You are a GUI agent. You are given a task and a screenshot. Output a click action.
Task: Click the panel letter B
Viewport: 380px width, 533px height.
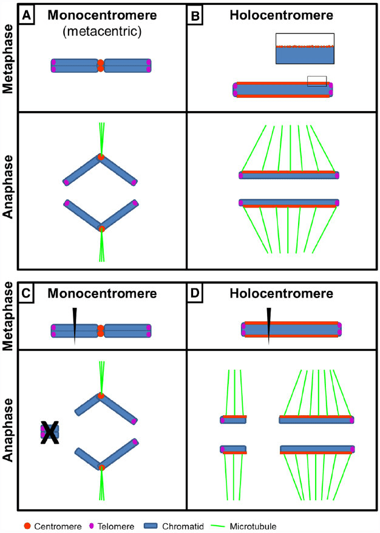tap(196, 13)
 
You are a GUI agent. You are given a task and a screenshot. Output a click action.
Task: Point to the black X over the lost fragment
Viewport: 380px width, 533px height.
tap(50, 433)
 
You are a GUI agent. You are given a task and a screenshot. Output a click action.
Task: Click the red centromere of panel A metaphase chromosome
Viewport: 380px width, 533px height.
tap(101, 66)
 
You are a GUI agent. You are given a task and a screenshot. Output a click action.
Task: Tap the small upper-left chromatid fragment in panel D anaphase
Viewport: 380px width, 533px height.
tap(233, 419)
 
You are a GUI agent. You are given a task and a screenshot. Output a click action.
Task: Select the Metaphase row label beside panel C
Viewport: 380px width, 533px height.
tap(8, 319)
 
